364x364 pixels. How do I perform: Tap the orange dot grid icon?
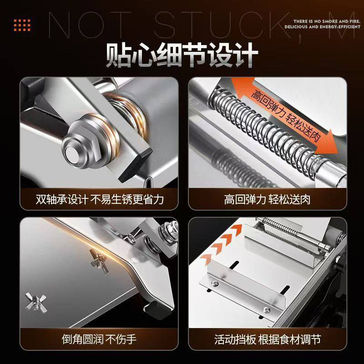(22, 25)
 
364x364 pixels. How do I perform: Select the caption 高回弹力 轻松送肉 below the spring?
(267, 199)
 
